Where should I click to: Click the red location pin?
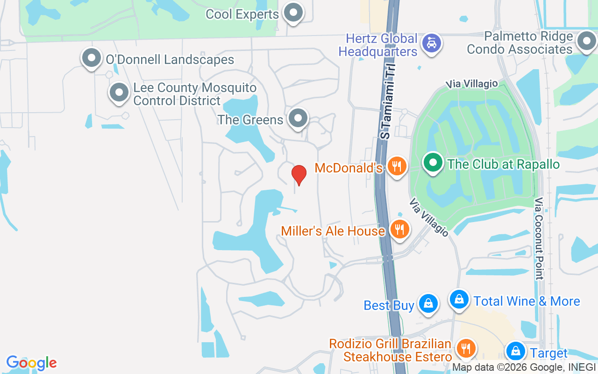(299, 174)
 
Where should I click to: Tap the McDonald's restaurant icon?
(397, 166)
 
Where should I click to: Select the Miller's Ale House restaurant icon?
(399, 230)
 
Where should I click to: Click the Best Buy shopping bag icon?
(428, 303)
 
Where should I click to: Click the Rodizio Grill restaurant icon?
(465, 348)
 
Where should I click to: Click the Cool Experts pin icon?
(293, 13)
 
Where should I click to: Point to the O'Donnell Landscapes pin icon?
(92, 58)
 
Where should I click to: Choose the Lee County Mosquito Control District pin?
(119, 93)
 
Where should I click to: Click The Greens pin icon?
(298, 118)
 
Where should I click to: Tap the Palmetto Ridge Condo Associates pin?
(586, 41)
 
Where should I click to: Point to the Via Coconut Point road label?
(540, 238)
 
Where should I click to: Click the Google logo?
(31, 363)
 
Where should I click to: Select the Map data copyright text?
(524, 367)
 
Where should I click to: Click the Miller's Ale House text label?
(333, 230)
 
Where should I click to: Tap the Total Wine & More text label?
(527, 301)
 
